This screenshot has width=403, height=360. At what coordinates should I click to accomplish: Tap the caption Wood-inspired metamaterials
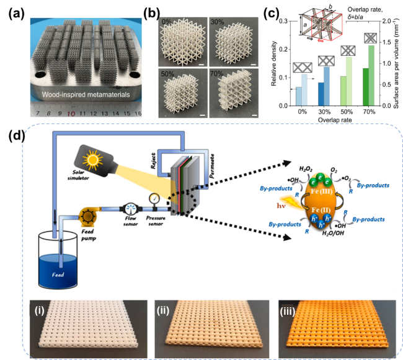[x=77, y=94]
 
